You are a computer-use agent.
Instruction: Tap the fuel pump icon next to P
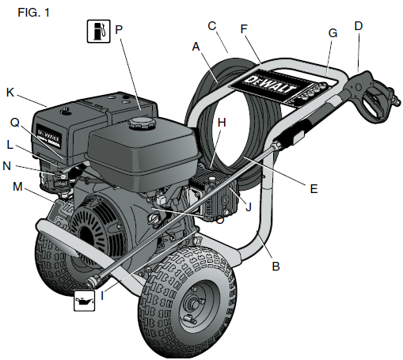tap(98, 32)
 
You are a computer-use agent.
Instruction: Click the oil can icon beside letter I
tap(85, 301)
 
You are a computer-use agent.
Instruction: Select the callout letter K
tap(10, 93)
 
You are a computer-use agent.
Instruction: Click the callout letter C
tap(211, 26)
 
